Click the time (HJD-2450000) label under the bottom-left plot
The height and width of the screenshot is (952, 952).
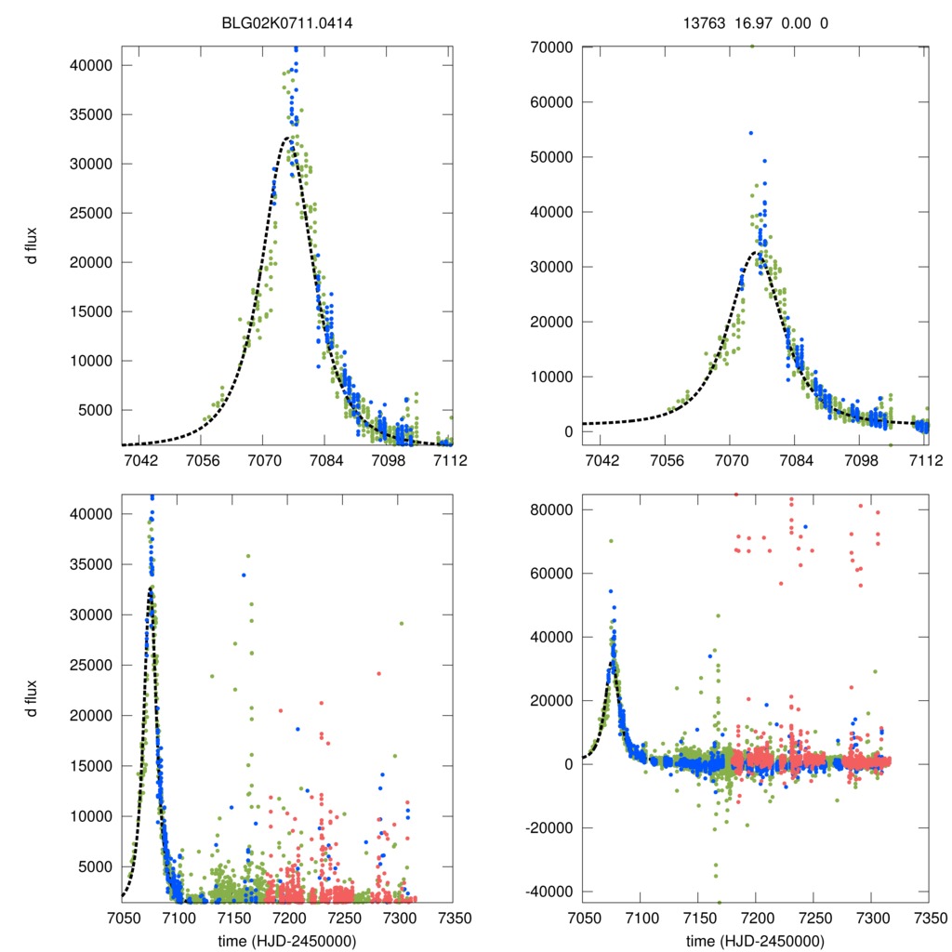click(x=286, y=940)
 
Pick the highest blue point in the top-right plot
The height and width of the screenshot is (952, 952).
click(x=750, y=133)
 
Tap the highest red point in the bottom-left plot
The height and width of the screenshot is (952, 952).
click(x=378, y=673)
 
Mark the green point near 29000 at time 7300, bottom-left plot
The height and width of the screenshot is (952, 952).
click(x=402, y=624)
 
